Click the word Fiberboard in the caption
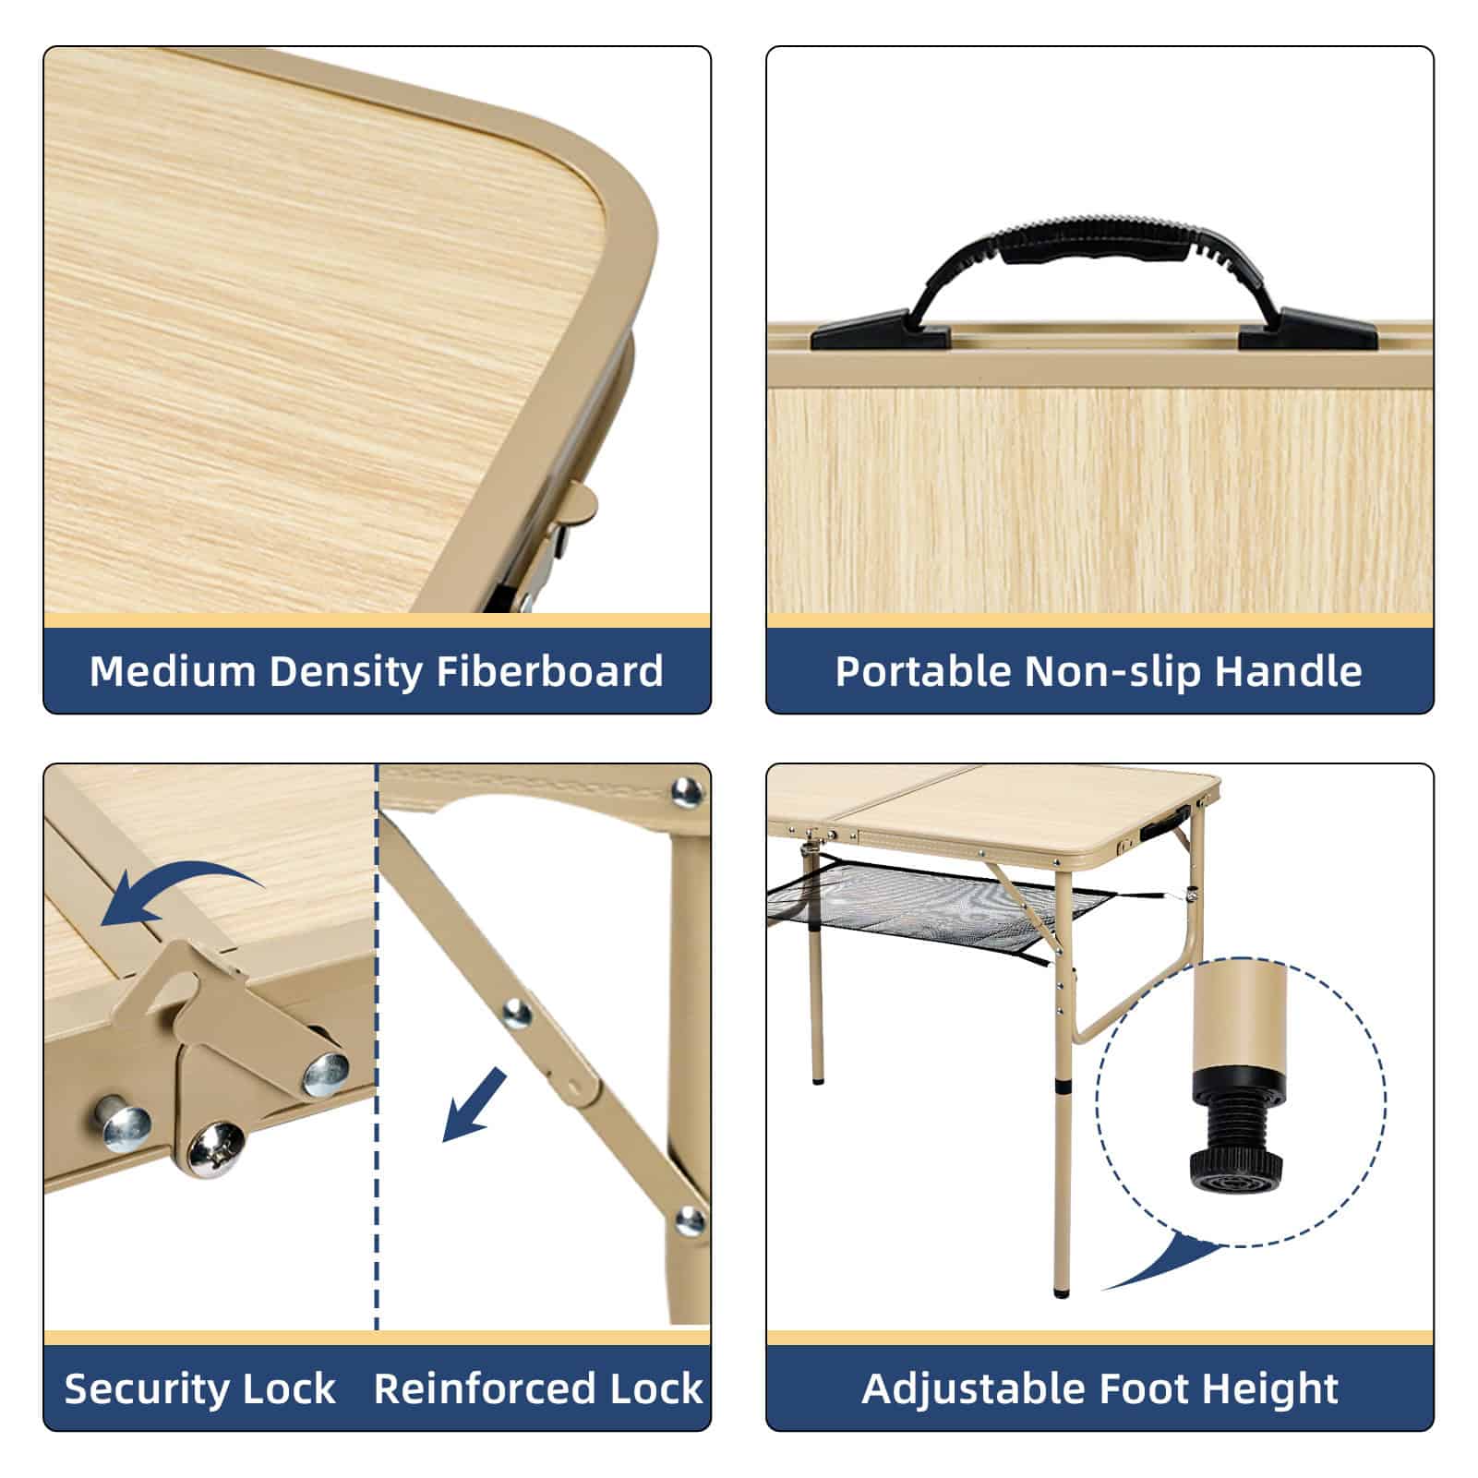[x=549, y=671]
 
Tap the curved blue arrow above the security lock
[x=175, y=891]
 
